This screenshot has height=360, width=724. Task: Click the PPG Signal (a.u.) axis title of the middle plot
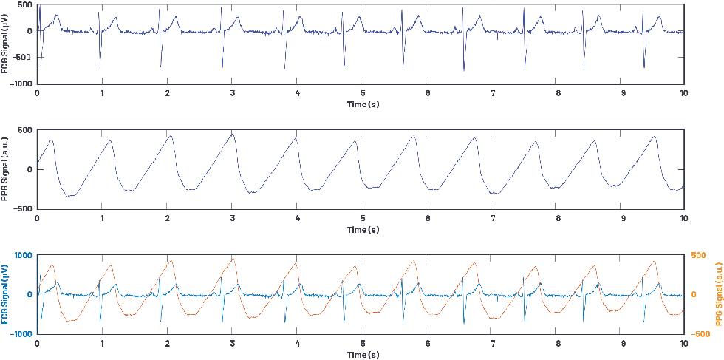[x=6, y=170]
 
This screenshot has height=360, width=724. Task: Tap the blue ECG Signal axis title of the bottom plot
[x=6, y=294]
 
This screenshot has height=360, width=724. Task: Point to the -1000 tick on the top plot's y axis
[x=20, y=84]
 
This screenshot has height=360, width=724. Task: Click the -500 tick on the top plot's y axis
[x=22, y=58]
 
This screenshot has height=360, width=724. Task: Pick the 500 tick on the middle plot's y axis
[x=25, y=130]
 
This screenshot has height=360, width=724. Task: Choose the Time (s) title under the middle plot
[x=362, y=230]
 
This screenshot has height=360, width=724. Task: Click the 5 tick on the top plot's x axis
[x=362, y=93]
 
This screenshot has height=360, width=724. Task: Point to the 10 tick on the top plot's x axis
[x=684, y=93]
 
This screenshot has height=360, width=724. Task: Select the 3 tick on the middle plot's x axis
[x=232, y=219]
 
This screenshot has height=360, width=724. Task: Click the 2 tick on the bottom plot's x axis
[x=167, y=344]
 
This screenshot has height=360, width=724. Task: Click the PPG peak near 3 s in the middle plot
[x=233, y=134]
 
